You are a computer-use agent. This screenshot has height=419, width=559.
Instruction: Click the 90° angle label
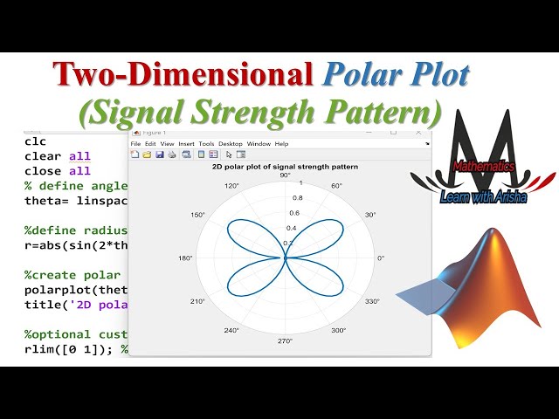(285, 175)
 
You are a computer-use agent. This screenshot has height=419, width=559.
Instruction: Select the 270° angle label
(285, 340)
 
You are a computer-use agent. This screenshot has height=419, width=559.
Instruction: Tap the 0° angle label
(380, 258)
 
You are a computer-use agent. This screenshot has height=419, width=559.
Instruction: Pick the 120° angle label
(231, 186)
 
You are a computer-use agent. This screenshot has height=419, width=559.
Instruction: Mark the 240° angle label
(231, 331)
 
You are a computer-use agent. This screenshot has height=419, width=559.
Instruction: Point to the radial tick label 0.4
(292, 228)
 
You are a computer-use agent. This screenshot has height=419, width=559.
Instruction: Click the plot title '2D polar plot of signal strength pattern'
(285, 166)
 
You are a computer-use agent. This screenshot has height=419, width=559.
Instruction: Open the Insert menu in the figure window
(187, 143)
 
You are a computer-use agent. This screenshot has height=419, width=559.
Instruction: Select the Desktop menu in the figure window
(231, 143)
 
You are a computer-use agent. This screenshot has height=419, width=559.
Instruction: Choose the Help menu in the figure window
(281, 143)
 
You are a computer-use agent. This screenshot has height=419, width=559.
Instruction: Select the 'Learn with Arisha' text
(483, 198)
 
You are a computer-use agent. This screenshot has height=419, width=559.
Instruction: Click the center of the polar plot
(285, 258)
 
